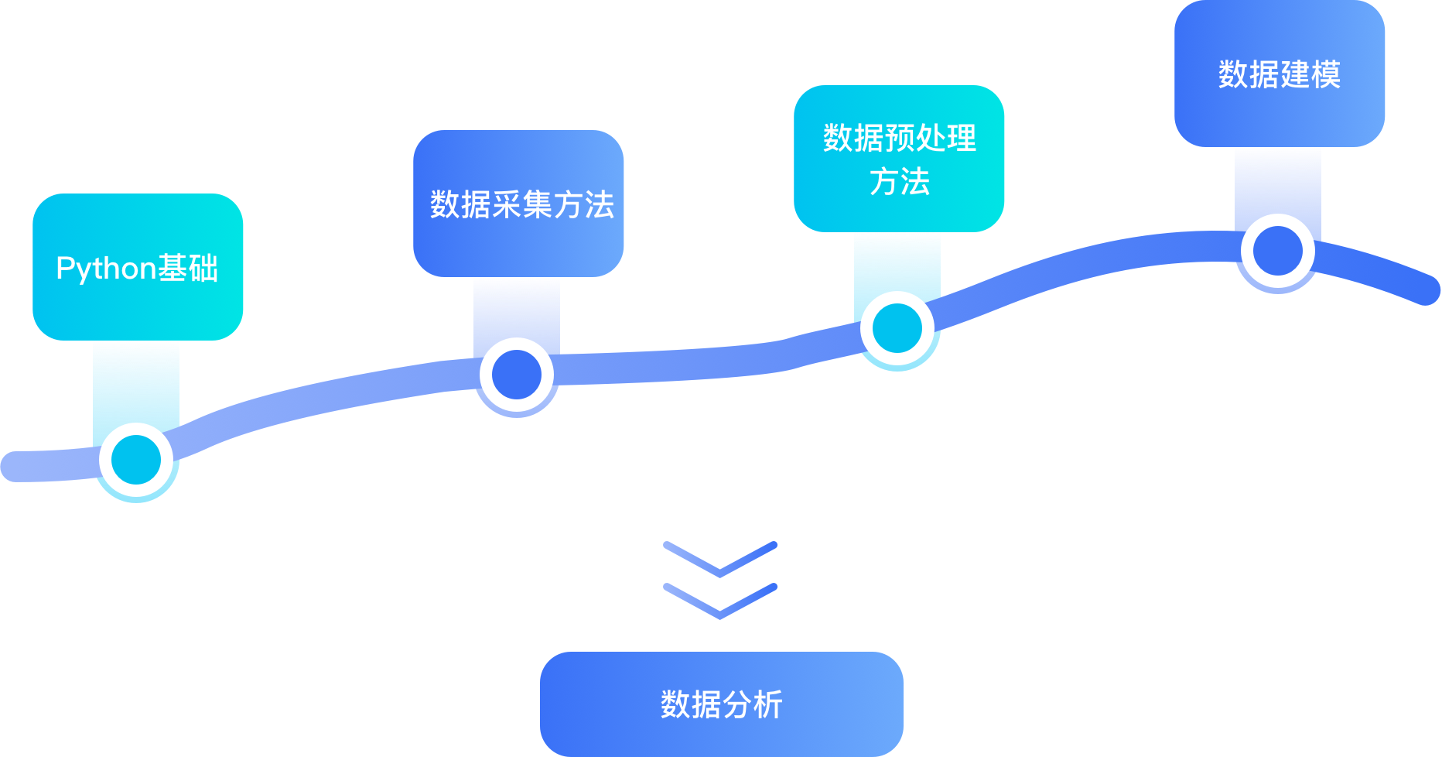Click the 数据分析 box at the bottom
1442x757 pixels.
coord(721,704)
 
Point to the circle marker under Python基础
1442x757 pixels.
coord(136,460)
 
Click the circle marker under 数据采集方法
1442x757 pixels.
coord(517,375)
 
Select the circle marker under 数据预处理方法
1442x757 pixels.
coord(897,328)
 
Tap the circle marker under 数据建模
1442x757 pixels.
coord(1278,251)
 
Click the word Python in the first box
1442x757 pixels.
coord(107,269)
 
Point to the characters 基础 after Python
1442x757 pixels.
coord(188,269)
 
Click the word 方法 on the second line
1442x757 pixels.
coord(899,183)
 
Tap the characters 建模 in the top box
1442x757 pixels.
coord(1310,74)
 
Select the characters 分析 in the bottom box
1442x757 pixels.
coord(753,704)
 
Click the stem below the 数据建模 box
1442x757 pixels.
coord(1278,182)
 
